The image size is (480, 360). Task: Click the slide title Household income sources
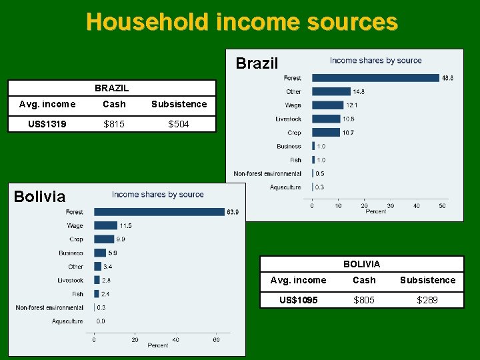point(241,22)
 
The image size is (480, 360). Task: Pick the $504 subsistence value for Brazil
point(179,124)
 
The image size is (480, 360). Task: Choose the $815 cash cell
point(114,124)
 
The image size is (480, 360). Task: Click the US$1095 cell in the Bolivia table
point(299,300)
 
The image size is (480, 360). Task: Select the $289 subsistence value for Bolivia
point(427,300)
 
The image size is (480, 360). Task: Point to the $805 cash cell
point(364,300)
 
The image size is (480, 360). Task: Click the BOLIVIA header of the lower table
point(362,264)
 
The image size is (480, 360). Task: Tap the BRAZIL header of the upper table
point(112,88)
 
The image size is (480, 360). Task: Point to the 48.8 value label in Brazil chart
point(448,78)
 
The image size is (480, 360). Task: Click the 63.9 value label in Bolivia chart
point(233,212)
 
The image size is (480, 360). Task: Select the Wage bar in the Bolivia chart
point(105,226)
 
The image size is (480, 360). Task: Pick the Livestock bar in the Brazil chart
point(325,119)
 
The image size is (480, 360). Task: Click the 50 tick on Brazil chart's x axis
point(442,205)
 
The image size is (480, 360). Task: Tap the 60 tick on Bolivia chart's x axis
point(217,339)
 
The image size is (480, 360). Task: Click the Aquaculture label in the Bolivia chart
point(68,321)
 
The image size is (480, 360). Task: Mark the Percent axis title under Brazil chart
point(376,212)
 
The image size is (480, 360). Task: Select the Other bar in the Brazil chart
point(331,91)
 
